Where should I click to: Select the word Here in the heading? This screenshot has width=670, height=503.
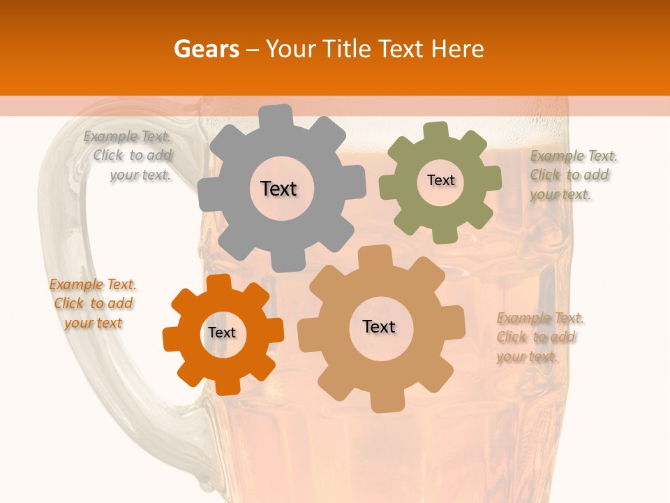(x=457, y=49)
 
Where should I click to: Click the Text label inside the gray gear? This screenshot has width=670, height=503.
(x=278, y=189)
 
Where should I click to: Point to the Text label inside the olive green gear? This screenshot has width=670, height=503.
(x=440, y=180)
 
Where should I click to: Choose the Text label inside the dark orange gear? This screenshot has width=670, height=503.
(x=222, y=333)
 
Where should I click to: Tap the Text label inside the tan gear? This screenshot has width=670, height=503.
(x=379, y=326)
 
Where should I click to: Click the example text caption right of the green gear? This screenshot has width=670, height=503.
(x=573, y=175)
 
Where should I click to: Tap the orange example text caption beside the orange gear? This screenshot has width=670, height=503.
(x=93, y=304)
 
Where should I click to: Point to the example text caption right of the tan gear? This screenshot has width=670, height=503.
(x=539, y=337)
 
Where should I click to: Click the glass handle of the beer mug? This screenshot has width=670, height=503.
(x=52, y=279)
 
